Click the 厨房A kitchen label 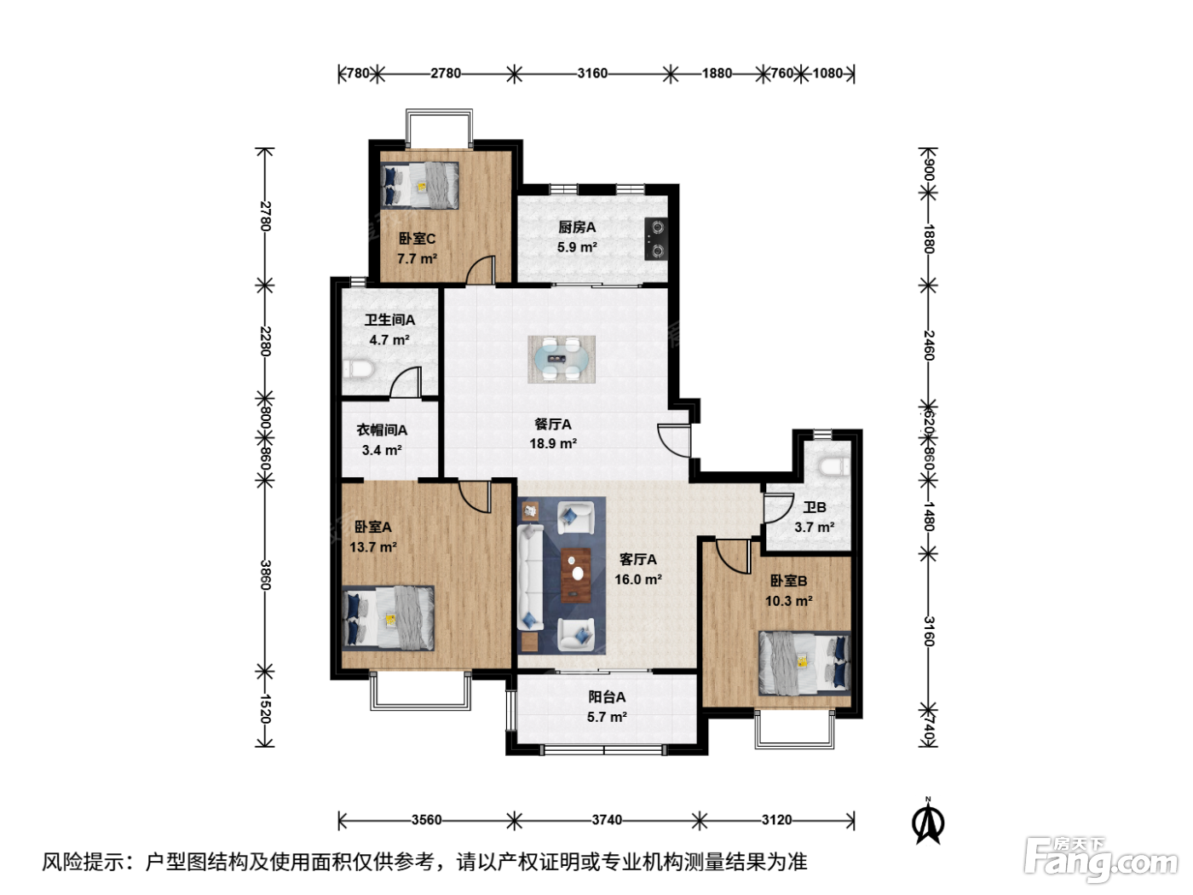click(x=577, y=227)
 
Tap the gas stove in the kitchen click(x=656, y=239)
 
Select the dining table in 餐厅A click(x=562, y=359)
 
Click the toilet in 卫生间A click(x=358, y=370)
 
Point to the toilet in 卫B click(x=833, y=466)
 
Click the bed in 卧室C click(x=420, y=185)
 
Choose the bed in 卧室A click(x=388, y=617)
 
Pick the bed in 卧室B click(x=804, y=663)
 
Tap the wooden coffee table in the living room click(x=576, y=575)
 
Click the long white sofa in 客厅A click(x=531, y=577)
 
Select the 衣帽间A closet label click(x=382, y=430)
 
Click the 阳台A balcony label click(x=607, y=696)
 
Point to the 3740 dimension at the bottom click(x=607, y=819)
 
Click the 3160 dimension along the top click(x=592, y=72)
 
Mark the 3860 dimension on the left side click(x=265, y=575)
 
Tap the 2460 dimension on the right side click(x=928, y=345)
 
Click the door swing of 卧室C click(x=481, y=269)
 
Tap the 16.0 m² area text click(x=638, y=580)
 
